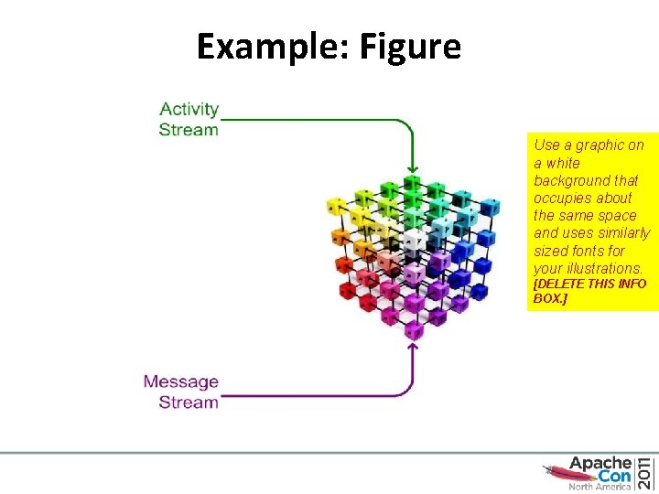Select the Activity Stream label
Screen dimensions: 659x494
tap(189, 119)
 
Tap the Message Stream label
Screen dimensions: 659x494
tap(181, 392)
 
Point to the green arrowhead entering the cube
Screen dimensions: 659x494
tap(413, 167)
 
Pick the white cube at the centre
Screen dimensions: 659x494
tap(414, 239)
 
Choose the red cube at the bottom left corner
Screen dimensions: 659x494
tap(350, 291)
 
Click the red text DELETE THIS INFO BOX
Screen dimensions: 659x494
tap(589, 291)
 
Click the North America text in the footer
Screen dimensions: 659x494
tap(600, 488)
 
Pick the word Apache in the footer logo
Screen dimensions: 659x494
tap(600, 463)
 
